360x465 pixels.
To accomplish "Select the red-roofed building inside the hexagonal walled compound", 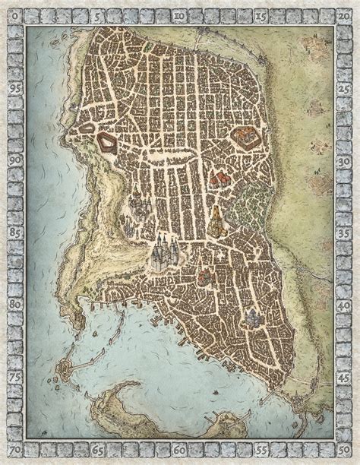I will coord(245,138).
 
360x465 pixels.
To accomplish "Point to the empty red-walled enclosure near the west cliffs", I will coord(106,141).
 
